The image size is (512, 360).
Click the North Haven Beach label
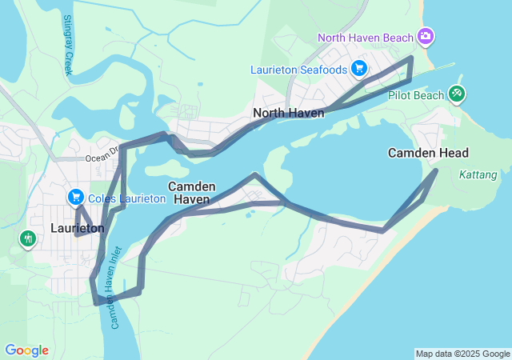click(365, 38)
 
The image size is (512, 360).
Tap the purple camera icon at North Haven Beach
click(426, 37)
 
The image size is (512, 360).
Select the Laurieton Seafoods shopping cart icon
click(359, 69)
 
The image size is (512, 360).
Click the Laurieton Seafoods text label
click(298, 70)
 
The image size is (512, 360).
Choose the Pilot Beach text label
click(414, 95)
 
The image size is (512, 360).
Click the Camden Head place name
click(428, 153)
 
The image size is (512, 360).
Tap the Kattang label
click(479, 174)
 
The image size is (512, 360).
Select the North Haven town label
click(289, 114)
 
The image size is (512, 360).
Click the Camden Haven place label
click(192, 192)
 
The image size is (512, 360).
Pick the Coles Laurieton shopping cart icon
click(76, 197)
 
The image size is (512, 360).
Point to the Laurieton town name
click(77, 228)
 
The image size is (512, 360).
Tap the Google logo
click(26, 350)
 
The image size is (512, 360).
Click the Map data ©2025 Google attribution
click(462, 354)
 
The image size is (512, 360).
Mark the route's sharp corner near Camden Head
click(437, 170)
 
